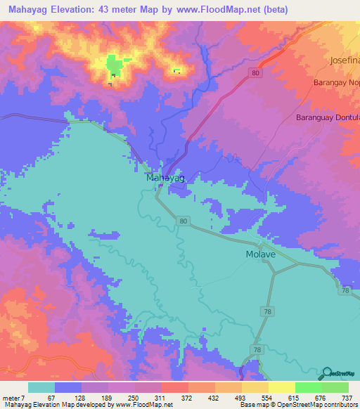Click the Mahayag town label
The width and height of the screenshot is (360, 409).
tap(165, 178)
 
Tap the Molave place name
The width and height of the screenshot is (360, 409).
tap(260, 254)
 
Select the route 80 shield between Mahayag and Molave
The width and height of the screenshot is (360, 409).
tap(184, 221)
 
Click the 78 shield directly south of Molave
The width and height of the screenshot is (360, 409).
tap(266, 310)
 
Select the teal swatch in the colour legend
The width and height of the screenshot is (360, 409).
tap(41, 387)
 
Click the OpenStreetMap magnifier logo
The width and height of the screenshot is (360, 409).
tap(328, 372)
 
